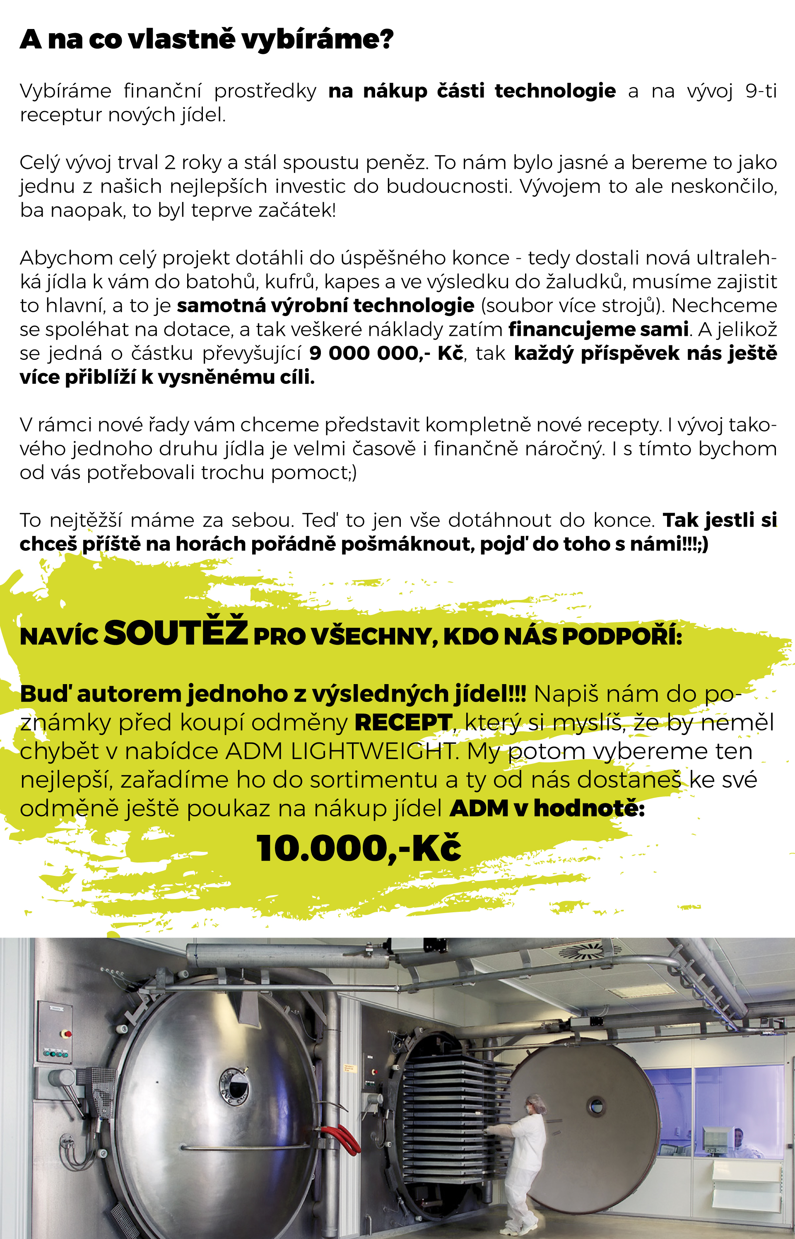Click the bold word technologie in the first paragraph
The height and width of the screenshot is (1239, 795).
pos(555,91)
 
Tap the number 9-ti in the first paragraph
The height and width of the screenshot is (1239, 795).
pos(760,91)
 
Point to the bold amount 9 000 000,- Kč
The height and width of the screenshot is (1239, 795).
pos(385,353)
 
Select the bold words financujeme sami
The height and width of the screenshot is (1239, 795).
pos(598,329)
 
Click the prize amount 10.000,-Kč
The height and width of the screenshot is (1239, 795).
pos(358,848)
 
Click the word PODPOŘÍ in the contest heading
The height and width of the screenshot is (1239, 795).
pos(622,636)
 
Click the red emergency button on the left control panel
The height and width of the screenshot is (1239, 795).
pos(66,1034)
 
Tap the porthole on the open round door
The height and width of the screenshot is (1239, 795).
pos(596,1105)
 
